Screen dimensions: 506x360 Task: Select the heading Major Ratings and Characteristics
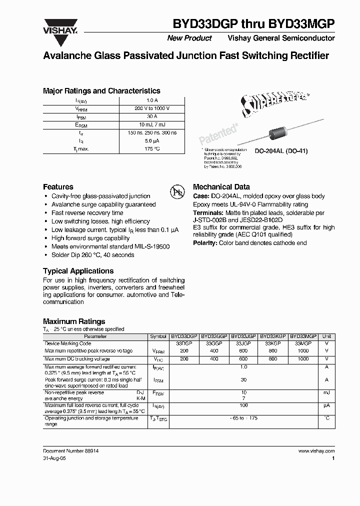pos(101,91)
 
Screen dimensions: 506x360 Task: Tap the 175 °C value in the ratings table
pos(152,149)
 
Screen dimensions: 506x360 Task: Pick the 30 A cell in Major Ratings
pos(152,116)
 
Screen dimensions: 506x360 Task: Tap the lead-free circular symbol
pos(177,192)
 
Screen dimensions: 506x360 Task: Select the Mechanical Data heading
pos(221,186)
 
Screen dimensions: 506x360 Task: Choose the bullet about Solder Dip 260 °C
pos(92,255)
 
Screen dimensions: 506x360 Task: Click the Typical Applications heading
pos(78,271)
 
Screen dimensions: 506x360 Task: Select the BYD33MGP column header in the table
pos(303,337)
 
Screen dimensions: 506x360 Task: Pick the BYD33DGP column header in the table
pos(184,337)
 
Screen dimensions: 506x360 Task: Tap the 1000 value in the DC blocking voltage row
pos(303,359)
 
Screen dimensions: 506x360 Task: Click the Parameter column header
pos(95,337)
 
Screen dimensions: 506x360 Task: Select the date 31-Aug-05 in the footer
pos(55,458)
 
